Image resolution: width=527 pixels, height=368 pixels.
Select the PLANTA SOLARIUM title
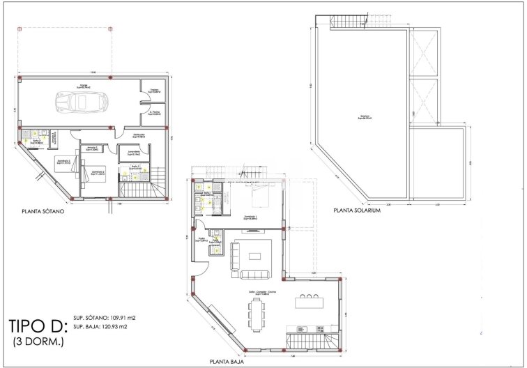pos(357,210)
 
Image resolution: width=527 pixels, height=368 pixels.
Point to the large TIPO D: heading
pos(38,326)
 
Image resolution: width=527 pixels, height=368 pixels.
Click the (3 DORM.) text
pos(38,342)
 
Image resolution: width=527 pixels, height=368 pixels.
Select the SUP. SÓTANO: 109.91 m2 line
pos(105,318)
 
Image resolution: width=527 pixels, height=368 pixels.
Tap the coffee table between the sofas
pos(255,256)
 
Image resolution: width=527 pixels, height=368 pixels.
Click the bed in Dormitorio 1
pos(251,196)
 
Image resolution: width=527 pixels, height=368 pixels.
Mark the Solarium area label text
pos(364,117)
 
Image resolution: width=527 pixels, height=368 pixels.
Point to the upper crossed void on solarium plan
pos(425,55)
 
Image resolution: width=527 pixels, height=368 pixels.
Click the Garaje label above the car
pos(83,86)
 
